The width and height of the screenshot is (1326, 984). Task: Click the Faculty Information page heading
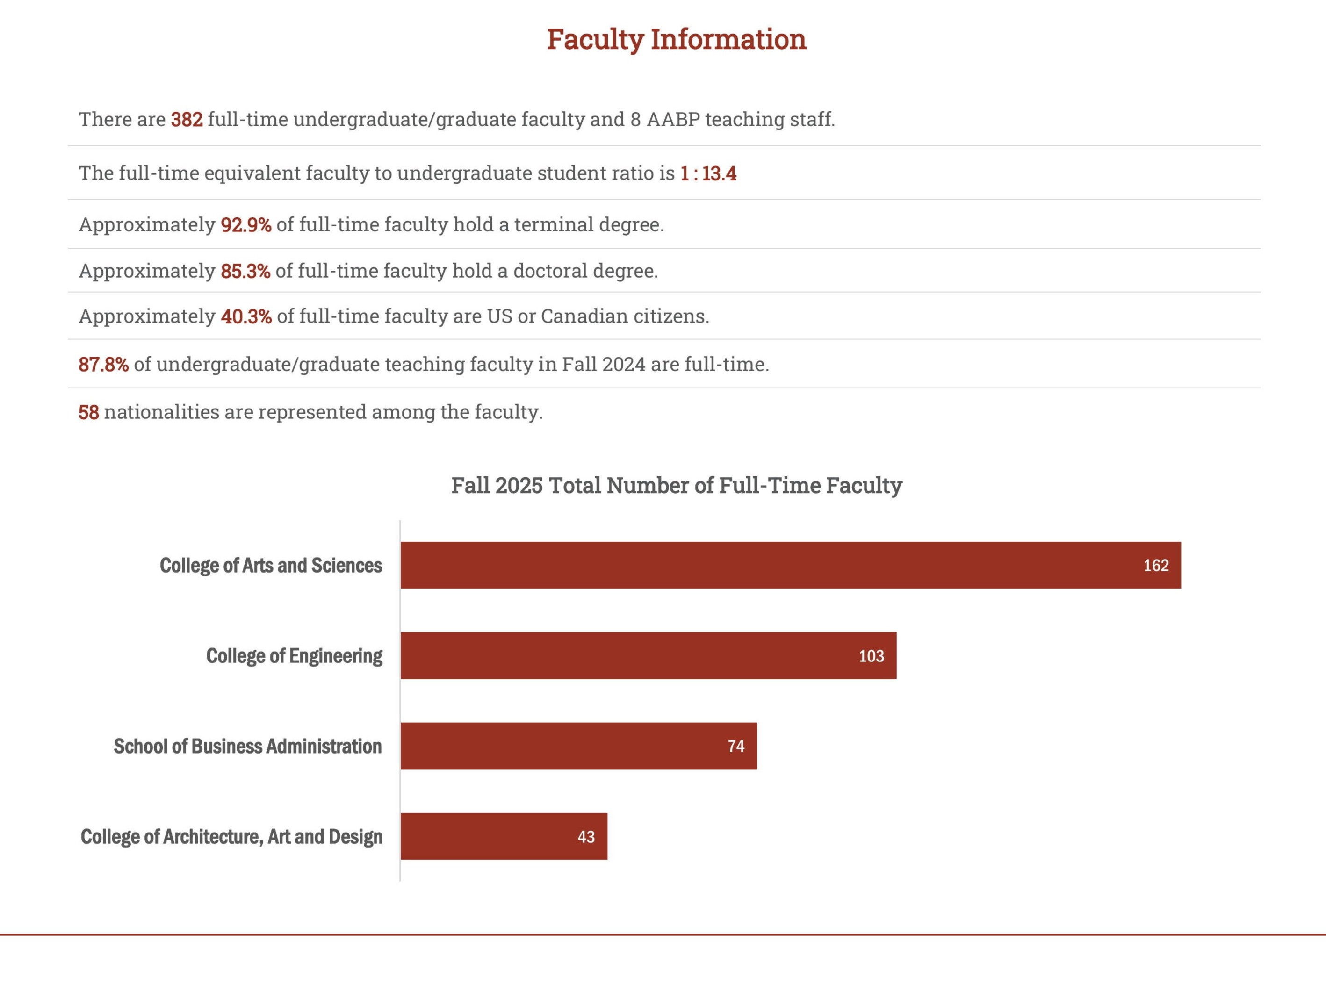tap(676, 39)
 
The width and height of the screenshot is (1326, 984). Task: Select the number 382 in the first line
tap(187, 120)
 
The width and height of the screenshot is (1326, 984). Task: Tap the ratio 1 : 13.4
tap(708, 173)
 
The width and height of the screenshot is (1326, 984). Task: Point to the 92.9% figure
tap(245, 224)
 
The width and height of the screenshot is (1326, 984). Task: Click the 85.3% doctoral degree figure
tap(245, 271)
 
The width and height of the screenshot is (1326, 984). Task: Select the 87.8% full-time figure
tap(103, 364)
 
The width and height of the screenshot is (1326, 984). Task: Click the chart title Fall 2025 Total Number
tap(676, 485)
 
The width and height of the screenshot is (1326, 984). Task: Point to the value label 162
tap(1156, 565)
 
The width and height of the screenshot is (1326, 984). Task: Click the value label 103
tap(871, 656)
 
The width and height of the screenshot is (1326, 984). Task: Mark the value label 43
tap(585, 837)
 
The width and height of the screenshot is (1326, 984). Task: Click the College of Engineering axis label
tap(294, 656)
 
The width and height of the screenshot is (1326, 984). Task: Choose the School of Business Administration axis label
tap(247, 747)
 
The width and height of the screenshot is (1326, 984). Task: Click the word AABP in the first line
tap(672, 120)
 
